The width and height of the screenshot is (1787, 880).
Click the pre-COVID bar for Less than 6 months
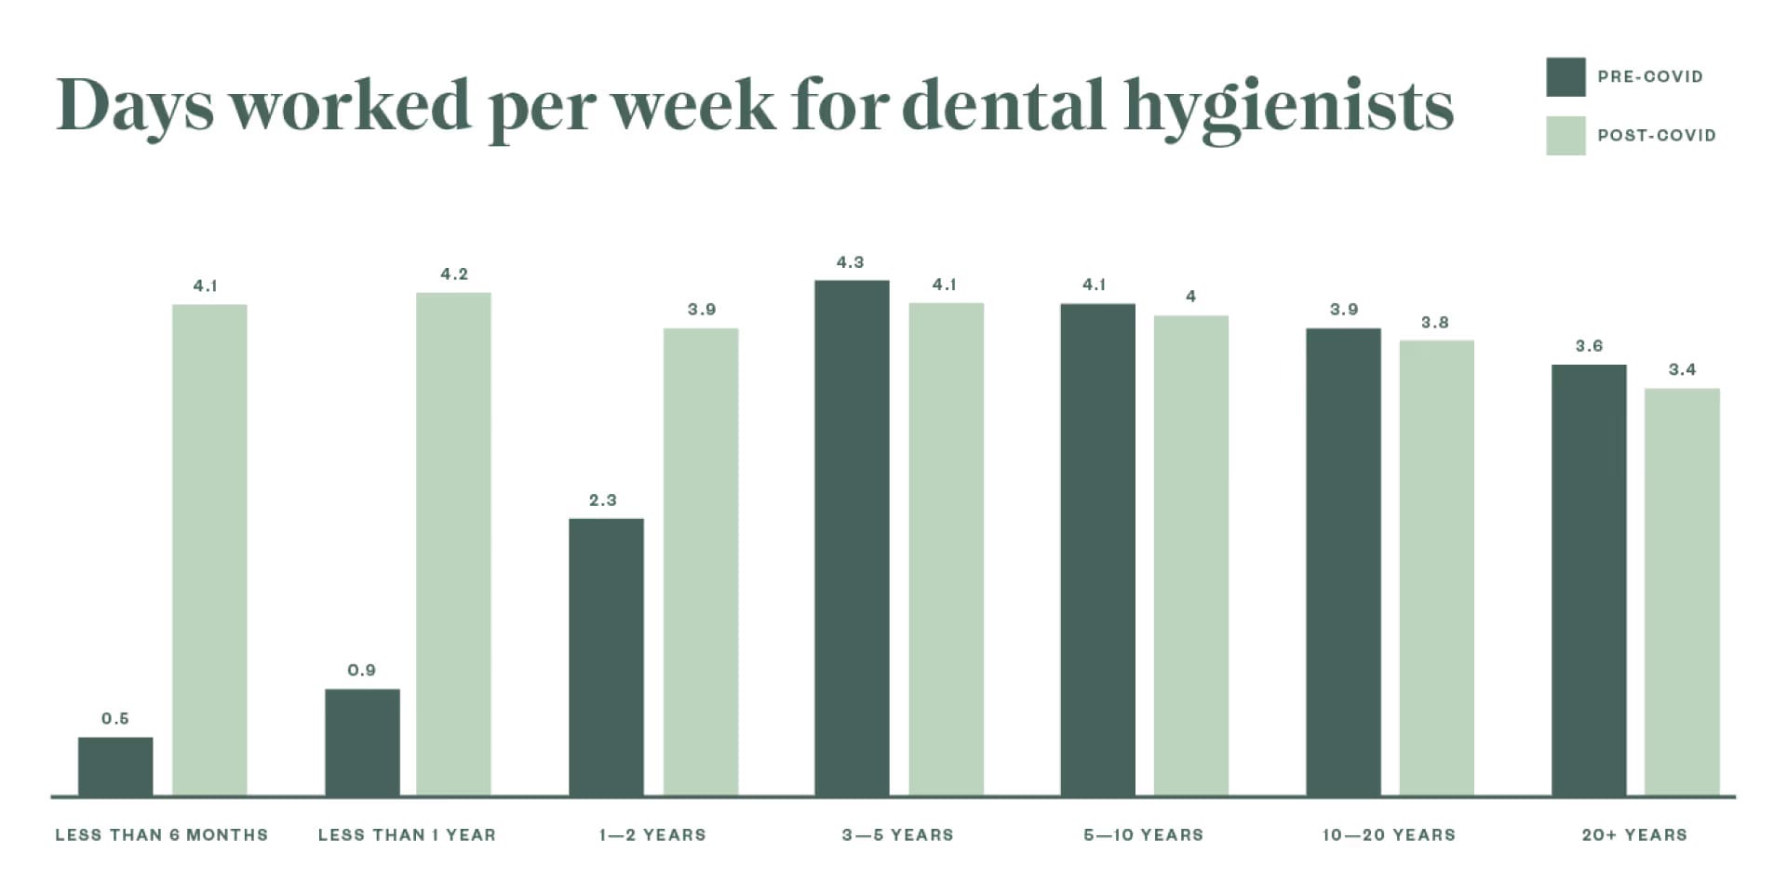tap(115, 767)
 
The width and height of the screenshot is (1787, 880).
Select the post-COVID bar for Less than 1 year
tap(453, 544)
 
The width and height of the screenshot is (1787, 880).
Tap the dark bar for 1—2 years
tap(606, 657)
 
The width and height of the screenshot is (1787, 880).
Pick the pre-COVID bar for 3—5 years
tap(852, 538)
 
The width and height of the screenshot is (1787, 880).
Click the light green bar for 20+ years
tap(1682, 592)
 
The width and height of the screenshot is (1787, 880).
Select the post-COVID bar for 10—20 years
tap(1436, 567)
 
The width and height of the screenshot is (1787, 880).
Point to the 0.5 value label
tap(115, 719)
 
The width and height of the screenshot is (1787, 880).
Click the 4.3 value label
tap(850, 262)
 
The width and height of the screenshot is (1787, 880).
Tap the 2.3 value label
tap(603, 500)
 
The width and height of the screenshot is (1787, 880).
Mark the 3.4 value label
tap(1682, 370)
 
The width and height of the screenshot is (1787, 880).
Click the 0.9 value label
tap(361, 671)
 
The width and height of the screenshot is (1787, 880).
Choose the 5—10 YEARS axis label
tap(1143, 835)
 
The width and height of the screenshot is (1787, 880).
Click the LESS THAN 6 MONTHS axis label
tap(161, 835)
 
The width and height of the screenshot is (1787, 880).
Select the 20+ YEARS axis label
tap(1634, 835)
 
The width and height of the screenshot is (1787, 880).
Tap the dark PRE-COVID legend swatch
tap(1565, 77)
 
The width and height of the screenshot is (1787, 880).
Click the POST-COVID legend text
tap(1657, 136)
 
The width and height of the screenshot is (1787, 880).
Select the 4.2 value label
tap(454, 274)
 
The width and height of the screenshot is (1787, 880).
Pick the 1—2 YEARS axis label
tap(652, 835)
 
